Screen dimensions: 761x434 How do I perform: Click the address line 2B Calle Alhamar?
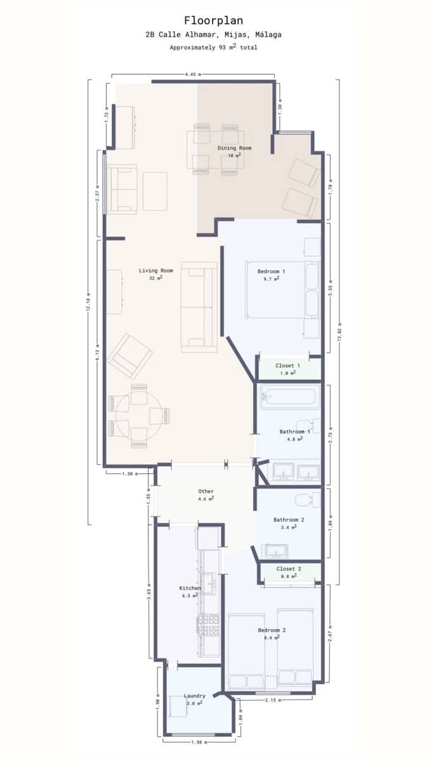click(x=213, y=35)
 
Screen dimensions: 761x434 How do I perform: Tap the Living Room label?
click(x=156, y=271)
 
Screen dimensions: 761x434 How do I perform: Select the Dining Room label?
click(x=234, y=148)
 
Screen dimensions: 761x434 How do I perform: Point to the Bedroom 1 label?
click(x=271, y=271)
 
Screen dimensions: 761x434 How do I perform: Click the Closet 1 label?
click(x=287, y=366)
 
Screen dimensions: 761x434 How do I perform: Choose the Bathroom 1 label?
click(x=295, y=432)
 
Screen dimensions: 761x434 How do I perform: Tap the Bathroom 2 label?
click(x=289, y=520)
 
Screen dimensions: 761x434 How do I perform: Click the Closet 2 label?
click(x=289, y=569)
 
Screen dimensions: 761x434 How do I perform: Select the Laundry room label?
click(x=194, y=696)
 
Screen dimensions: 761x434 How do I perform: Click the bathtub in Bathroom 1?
click(x=289, y=398)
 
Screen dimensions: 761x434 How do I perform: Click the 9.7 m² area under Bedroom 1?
click(x=271, y=279)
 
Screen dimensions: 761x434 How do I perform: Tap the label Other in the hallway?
click(x=206, y=491)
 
